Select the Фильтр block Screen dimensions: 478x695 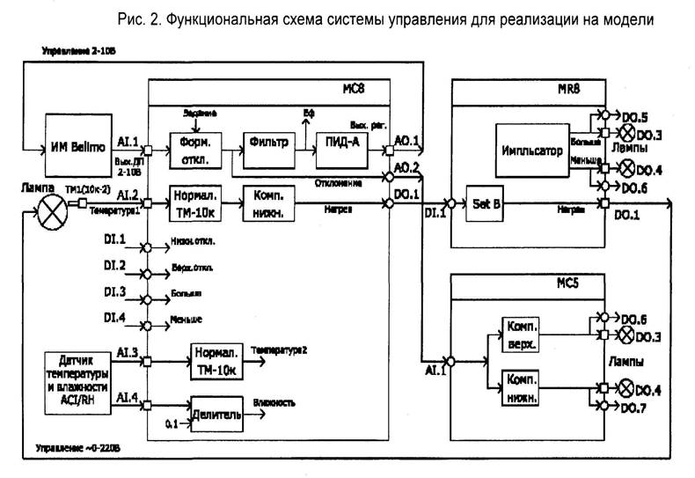coord(267,144)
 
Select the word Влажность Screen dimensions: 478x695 coord(274,403)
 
